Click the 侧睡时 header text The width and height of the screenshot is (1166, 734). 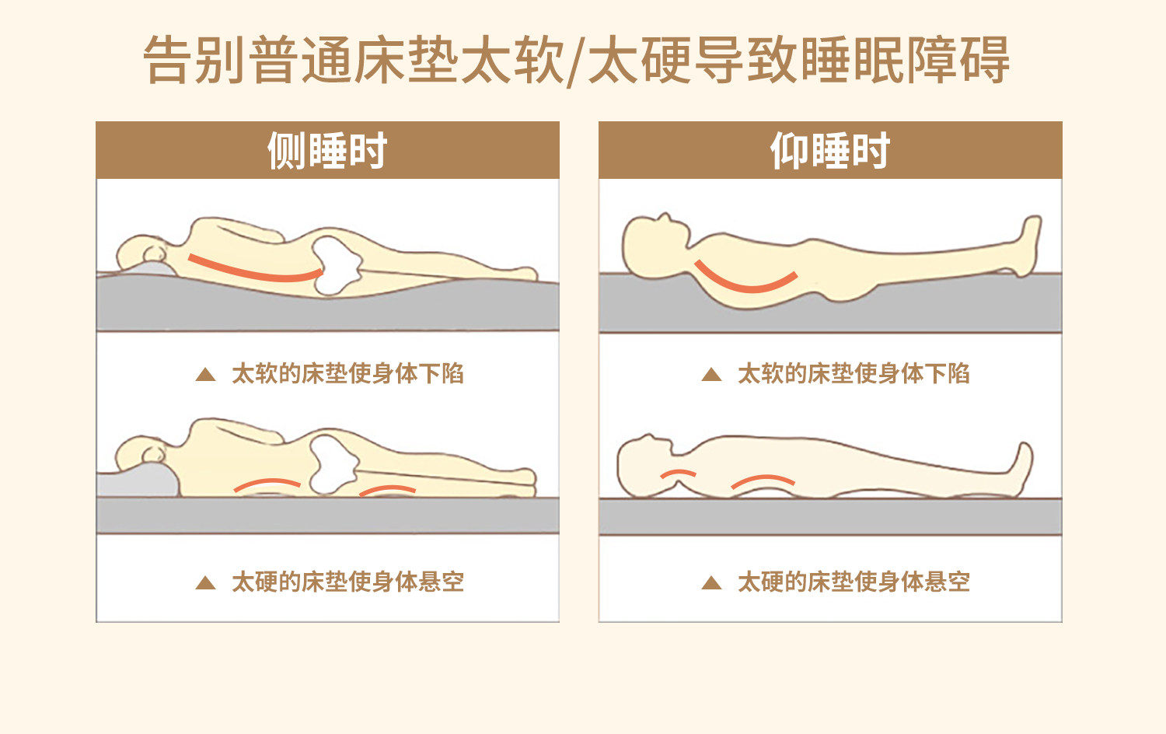pos(327,150)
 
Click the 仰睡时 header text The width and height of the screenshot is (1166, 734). pos(829,150)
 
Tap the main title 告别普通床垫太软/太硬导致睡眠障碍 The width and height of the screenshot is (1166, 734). pos(576,60)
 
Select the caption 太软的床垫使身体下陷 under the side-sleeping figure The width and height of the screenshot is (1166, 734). pos(347,374)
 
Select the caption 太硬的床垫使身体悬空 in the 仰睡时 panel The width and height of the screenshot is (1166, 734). pos(854,582)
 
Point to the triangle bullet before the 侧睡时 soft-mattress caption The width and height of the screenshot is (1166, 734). pos(206,374)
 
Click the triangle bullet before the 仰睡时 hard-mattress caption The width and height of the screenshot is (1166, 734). pos(711,582)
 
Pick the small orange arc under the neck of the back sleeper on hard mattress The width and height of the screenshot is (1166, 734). pos(679,472)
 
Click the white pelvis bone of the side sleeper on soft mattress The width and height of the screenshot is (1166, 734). pos(336,265)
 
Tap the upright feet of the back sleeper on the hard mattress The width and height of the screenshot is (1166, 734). pos(1020,469)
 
